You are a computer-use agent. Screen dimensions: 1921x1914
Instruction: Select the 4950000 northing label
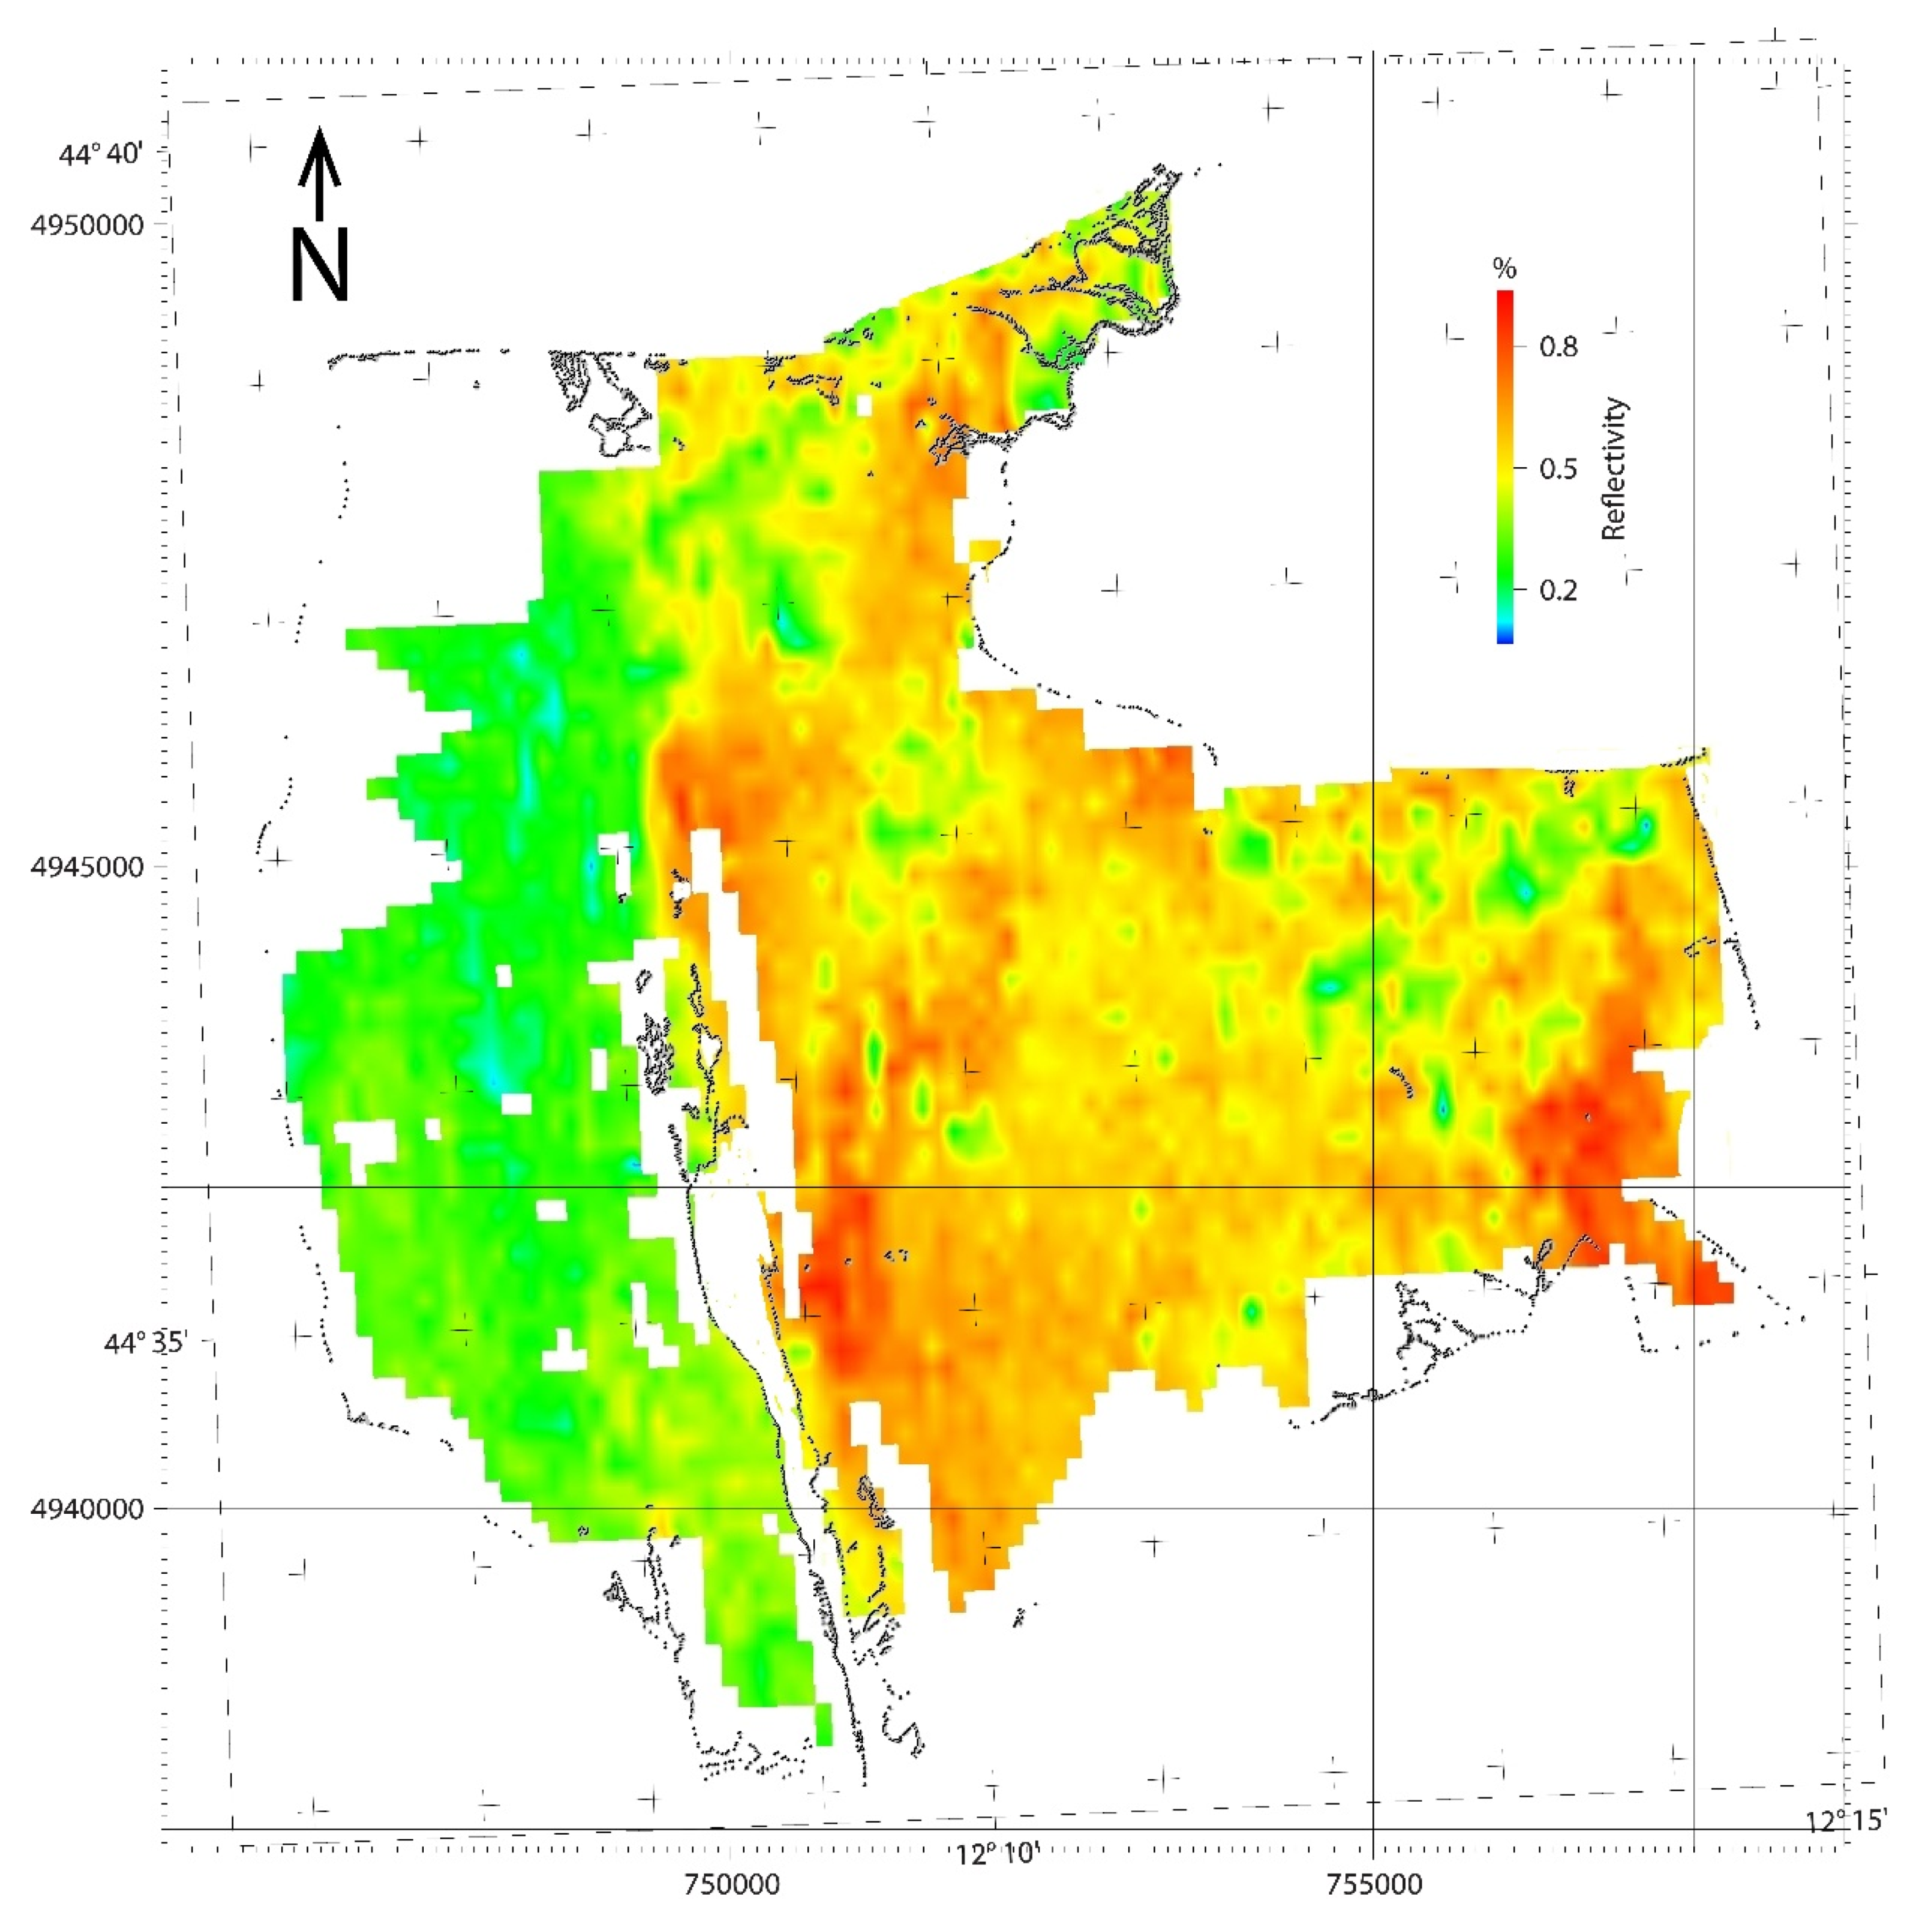87,225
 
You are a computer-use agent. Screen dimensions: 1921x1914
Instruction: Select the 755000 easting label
1373,1884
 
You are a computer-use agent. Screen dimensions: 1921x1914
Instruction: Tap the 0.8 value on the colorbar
1558,347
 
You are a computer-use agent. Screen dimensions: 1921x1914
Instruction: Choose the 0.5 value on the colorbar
1558,468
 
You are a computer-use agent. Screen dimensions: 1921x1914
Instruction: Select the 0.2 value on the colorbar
1558,591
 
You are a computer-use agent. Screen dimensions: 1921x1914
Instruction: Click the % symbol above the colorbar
1504,268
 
